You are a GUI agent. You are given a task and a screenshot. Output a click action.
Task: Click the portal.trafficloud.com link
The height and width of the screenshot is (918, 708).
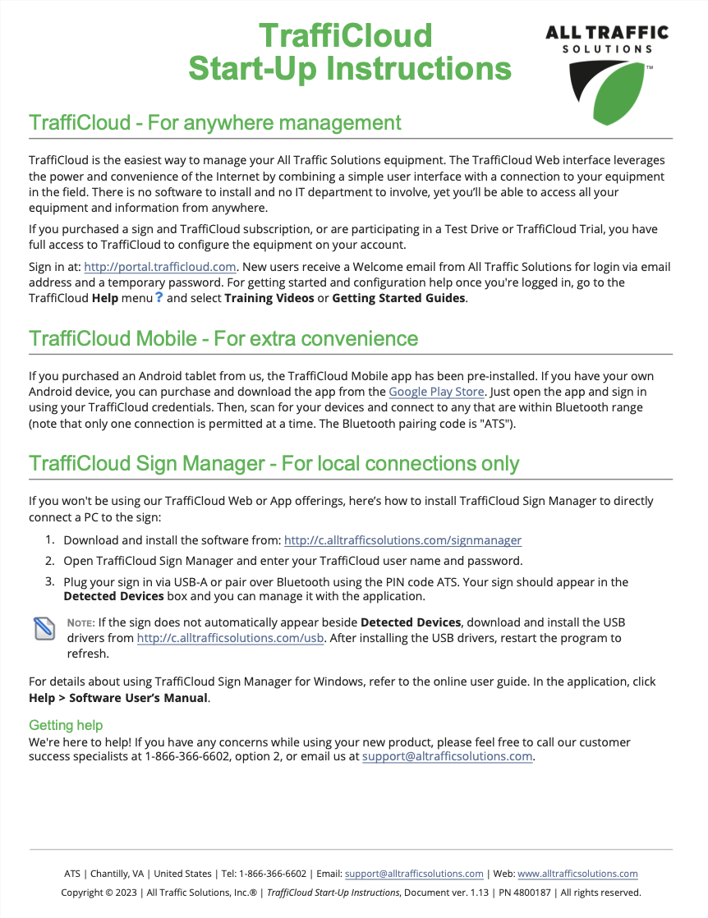160,267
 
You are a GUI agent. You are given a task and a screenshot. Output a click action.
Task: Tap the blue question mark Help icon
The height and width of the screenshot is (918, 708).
159,297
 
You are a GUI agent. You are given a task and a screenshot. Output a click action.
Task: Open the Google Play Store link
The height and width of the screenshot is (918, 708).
436,392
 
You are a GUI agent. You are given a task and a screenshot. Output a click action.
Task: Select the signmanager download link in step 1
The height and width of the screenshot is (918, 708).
402,540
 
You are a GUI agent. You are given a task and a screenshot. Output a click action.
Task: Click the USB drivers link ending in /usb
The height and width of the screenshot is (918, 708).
231,638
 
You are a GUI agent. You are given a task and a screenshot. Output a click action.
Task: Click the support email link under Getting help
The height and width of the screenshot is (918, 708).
448,756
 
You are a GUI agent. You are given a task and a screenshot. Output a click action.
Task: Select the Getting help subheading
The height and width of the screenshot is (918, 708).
66,725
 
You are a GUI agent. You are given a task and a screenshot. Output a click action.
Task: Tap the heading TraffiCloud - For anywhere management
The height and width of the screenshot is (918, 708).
215,123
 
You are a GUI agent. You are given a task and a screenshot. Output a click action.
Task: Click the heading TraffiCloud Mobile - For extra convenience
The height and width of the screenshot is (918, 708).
223,338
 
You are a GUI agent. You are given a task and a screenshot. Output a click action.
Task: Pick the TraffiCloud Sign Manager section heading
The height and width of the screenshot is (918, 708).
274,464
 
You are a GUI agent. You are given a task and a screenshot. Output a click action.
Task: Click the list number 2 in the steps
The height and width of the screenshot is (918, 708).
49,561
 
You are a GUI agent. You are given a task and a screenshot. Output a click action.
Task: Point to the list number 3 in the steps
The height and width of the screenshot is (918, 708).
49,581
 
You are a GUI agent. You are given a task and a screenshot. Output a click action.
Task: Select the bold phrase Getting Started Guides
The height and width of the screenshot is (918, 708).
399,297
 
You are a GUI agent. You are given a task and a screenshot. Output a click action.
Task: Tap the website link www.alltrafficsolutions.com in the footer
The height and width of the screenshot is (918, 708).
577,874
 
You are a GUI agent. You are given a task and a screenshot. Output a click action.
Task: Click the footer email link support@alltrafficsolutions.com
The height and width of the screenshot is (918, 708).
414,874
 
